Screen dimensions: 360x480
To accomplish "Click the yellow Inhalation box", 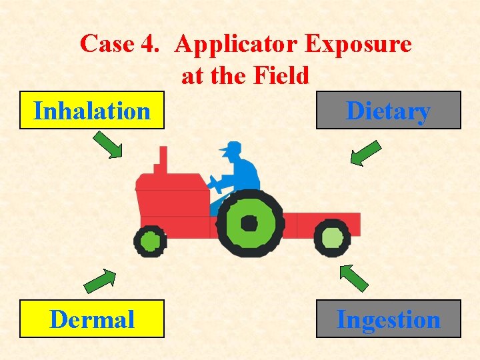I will pyautogui.click(x=92, y=111).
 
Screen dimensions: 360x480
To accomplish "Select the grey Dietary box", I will pyautogui.click(x=388, y=110).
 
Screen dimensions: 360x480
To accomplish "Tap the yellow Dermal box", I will pyautogui.click(x=92, y=319).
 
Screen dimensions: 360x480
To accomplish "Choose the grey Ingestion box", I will pyautogui.click(x=388, y=319).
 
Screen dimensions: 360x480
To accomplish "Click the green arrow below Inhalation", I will pyautogui.click(x=107, y=145).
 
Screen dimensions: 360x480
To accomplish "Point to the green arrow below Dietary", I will pyautogui.click(x=365, y=152).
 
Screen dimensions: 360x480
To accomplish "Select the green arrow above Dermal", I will pyautogui.click(x=99, y=281).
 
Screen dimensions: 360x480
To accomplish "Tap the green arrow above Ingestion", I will pyautogui.click(x=353, y=277).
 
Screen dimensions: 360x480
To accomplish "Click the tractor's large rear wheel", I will pyautogui.click(x=250, y=223).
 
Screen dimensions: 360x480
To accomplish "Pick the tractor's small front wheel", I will pyautogui.click(x=150, y=241).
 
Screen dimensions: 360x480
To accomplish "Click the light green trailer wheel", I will pyautogui.click(x=331, y=238).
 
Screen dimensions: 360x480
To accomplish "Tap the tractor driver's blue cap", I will pyautogui.click(x=231, y=147).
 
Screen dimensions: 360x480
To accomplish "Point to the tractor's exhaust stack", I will pyautogui.click(x=161, y=160).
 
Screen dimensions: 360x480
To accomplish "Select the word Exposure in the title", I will pyautogui.click(x=358, y=44).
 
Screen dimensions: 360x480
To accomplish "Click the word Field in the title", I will pyautogui.click(x=283, y=76).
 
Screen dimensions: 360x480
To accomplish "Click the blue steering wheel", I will pyautogui.click(x=215, y=183).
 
